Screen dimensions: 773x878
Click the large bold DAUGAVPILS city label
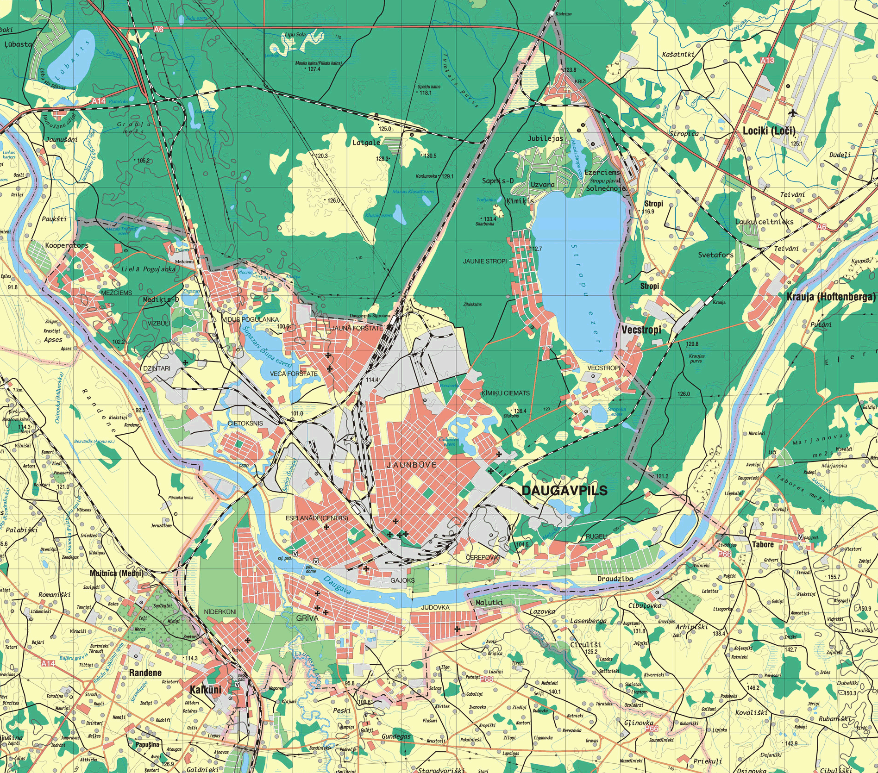[564, 491]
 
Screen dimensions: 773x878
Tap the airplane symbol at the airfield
[792, 112]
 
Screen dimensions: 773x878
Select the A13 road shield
[767, 60]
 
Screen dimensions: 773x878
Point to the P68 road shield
[486, 679]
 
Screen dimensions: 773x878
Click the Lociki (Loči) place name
[769, 131]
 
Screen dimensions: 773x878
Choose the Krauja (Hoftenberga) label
[831, 297]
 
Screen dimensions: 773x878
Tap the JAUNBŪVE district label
[412, 465]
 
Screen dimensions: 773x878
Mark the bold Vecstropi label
[641, 330]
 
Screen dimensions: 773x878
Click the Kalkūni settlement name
[205, 689]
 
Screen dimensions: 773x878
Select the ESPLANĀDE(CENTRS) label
[317, 518]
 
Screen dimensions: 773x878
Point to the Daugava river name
[337, 586]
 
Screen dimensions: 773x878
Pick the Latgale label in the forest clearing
[366, 143]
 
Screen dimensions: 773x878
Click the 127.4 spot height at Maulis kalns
[314, 69]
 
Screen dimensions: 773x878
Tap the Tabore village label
[763, 544]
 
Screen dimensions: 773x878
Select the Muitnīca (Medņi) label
[116, 573]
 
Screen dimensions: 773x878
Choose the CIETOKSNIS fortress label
[245, 423]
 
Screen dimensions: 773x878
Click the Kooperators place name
[67, 245]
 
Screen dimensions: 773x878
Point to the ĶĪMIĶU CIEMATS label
[505, 393]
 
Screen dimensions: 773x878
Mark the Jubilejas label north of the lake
[546, 138]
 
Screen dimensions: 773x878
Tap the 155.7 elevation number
[834, 577]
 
